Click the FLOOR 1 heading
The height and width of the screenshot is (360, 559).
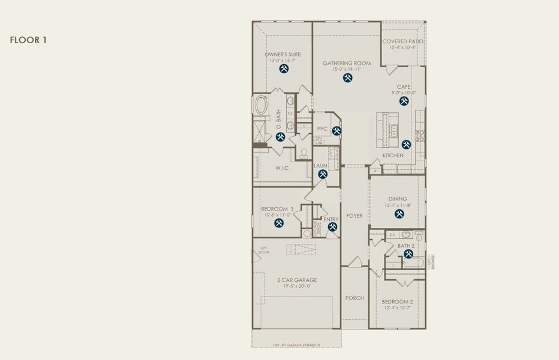coord(28,40)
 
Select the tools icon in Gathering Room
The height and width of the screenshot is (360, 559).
coord(347,78)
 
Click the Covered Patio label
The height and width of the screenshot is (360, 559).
coord(402,41)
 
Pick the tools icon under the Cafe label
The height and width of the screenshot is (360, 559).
coord(404,101)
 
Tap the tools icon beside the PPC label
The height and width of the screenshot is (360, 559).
coord(336,130)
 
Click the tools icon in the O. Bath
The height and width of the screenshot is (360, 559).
coord(280,137)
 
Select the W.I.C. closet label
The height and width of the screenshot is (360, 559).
coord(282,168)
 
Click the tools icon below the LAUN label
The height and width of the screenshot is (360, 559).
coord(323,175)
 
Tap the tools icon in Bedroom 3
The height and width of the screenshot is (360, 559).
coord(279,223)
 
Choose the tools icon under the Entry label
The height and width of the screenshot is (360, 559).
coord(333,227)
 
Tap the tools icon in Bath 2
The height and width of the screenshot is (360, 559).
coord(408,254)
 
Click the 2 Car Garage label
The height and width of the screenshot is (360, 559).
coord(297,280)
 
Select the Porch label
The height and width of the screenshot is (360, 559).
coord(354,298)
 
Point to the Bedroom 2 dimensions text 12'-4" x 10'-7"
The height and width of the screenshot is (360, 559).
coord(397,308)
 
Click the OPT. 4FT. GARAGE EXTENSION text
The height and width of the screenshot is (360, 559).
coord(296,345)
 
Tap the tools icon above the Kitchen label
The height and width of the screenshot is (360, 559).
coord(406,145)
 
